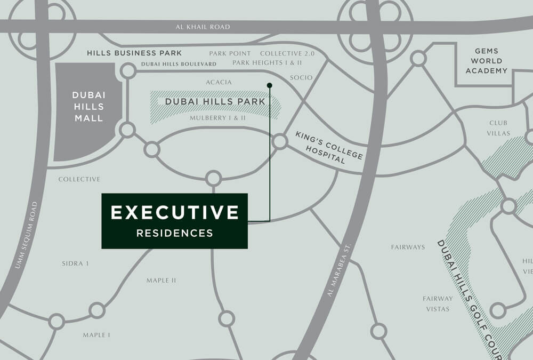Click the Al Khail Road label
[x=204, y=27]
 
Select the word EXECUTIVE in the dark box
[x=175, y=212]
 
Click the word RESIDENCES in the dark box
[x=175, y=233]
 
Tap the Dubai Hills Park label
[x=215, y=101]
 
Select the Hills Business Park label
[x=134, y=53]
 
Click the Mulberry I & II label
[x=217, y=118]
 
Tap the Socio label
[x=301, y=78]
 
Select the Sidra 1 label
[x=75, y=263]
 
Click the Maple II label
[x=161, y=281]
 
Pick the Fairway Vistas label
[x=438, y=303]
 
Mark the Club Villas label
[x=499, y=128]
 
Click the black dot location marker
[x=270, y=85]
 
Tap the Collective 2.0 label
[x=287, y=54]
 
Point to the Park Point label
[x=230, y=54]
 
